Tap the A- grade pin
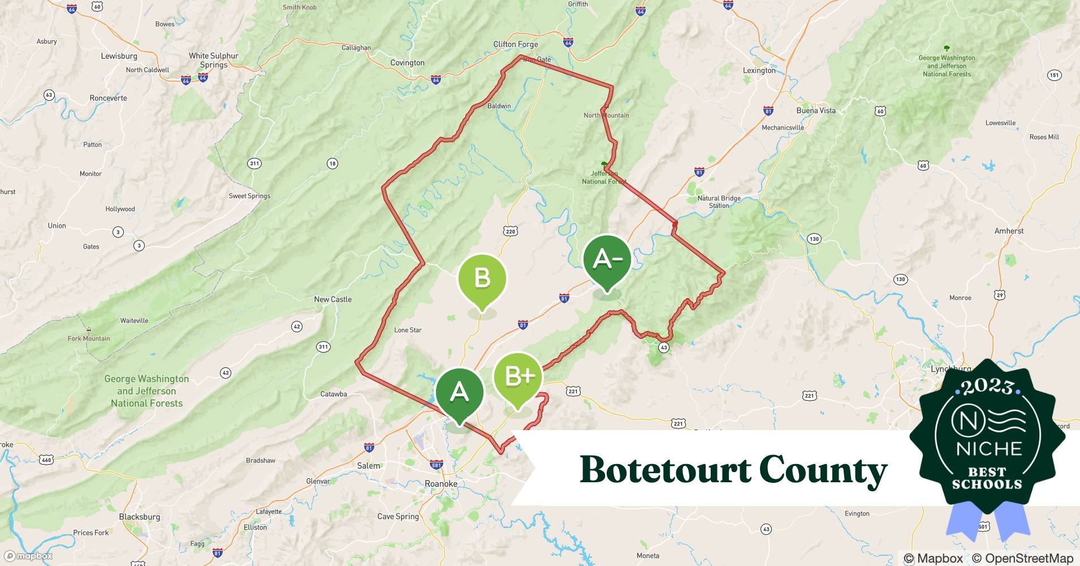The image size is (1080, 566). pos(607,260)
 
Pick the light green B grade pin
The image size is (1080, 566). pos(482,278)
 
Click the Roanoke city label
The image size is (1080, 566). pos(440,484)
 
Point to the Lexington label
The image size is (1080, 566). pos(759,71)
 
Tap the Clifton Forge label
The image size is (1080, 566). pos(516,44)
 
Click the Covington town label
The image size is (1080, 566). pos(407,63)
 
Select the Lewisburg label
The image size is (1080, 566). pos(119,56)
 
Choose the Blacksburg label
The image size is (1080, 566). pos(139,517)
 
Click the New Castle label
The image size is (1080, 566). pos(332,299)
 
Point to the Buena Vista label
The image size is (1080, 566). pos(815,110)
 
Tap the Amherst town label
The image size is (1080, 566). pos(1009,231)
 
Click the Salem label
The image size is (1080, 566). pos(369,466)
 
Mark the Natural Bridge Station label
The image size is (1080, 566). pos(719,202)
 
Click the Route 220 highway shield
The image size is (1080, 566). pos(510,231)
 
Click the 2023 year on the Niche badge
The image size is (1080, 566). pos(987,386)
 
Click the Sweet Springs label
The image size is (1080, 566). pos(249,196)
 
